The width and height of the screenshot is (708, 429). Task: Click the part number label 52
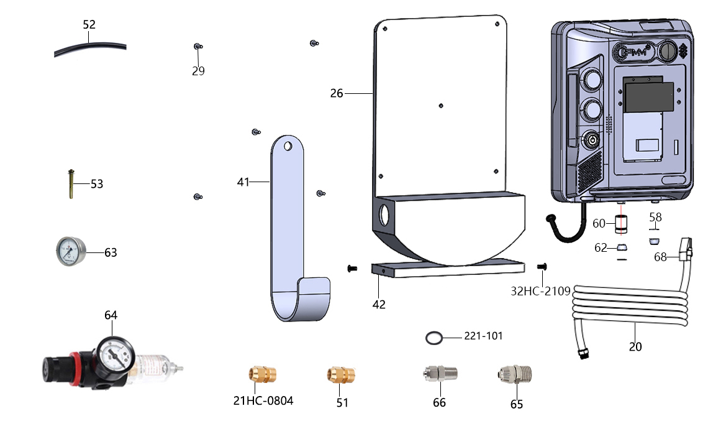89,24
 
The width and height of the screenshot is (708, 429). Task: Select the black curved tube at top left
90,47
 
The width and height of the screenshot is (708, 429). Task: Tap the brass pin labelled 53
71,184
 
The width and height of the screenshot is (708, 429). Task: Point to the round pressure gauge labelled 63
71,251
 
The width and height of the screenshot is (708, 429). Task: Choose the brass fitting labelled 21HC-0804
262,374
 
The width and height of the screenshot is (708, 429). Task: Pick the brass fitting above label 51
341,375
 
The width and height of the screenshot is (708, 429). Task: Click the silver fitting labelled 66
440,374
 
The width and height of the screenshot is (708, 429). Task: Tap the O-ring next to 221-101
434,338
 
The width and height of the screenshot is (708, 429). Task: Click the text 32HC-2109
540,291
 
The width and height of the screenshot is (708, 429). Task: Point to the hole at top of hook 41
288,146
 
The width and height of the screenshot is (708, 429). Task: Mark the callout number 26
337,93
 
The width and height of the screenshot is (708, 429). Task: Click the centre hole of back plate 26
441,106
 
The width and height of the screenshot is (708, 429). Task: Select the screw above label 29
197,47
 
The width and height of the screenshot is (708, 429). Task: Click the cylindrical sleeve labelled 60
621,224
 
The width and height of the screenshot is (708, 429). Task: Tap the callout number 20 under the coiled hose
635,347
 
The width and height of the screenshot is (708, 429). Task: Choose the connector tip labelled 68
686,249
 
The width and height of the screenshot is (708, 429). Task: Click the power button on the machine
592,141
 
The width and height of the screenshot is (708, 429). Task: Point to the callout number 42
379,305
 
